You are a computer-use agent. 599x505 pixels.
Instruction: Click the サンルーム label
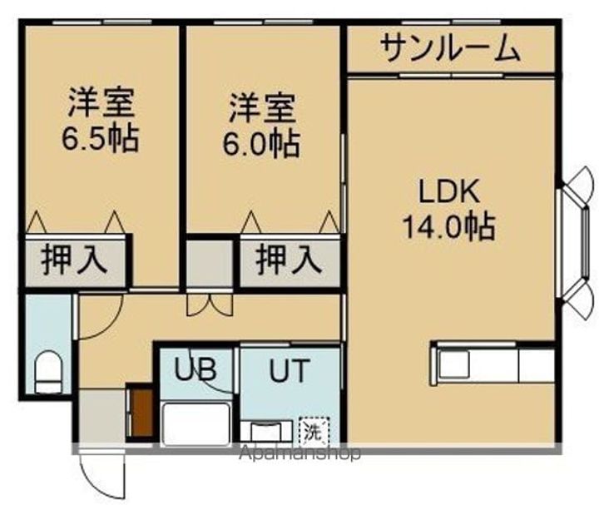[451, 50]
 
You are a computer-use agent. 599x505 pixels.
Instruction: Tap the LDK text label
[449, 193]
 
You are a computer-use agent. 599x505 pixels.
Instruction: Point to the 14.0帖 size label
[449, 225]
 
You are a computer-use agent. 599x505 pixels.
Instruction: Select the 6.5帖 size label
[100, 137]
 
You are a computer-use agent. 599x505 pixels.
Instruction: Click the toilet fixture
[49, 371]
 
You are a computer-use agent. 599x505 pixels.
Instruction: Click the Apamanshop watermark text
[300, 454]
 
